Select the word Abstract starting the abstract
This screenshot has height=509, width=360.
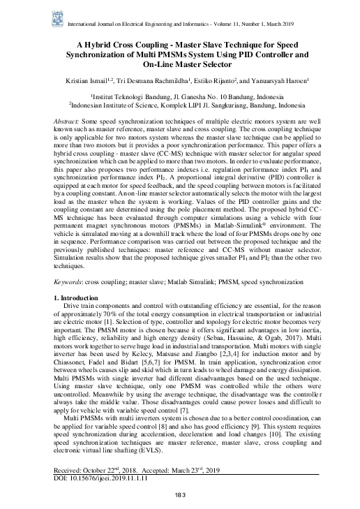point(67,121)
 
